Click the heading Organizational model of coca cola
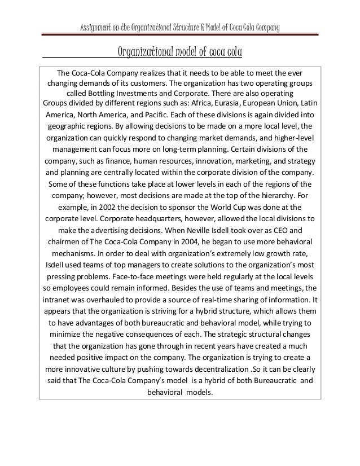[179, 53]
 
